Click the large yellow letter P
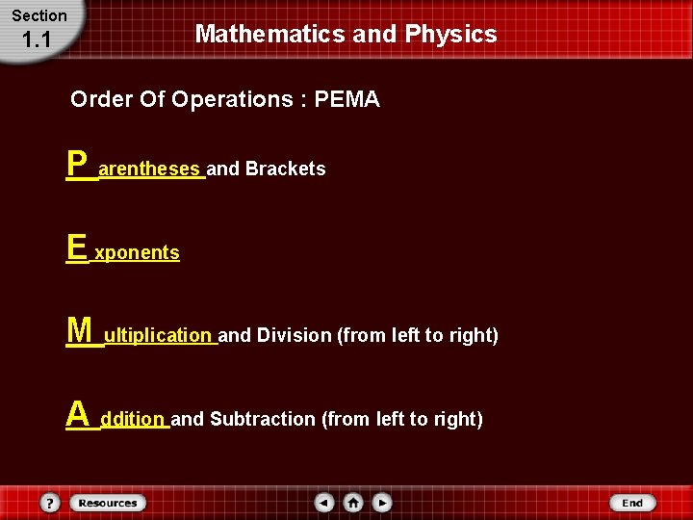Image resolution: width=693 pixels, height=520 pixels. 77,164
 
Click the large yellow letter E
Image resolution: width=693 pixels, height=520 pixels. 76,247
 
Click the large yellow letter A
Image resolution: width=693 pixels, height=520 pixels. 77,415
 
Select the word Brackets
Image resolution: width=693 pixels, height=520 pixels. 285,169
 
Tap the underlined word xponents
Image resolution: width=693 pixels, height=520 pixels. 137,252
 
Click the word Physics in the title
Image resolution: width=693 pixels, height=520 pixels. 450,35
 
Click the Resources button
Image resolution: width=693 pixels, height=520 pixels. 107,503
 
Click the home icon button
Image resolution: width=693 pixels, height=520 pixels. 353,503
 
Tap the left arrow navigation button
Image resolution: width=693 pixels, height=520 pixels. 325,503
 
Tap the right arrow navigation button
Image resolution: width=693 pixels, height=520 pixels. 382,503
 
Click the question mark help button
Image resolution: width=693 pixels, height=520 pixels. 50,503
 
